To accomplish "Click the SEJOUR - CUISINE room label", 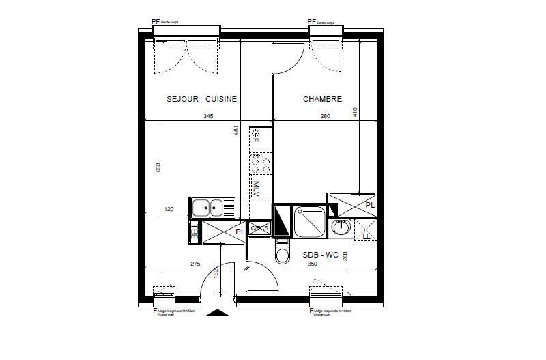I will (201, 99).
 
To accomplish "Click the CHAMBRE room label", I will (322, 99).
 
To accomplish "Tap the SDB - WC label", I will (321, 255).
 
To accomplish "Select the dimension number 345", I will (208, 117).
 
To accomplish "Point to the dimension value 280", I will (325, 117).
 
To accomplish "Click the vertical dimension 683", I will (158, 167).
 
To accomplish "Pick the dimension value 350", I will (313, 264).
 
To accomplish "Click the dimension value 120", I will (169, 210).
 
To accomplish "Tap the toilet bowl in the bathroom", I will (281, 253).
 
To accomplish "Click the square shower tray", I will (310, 221).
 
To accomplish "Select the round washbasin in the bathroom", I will (340, 227).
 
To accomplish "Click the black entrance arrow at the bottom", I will (218, 314).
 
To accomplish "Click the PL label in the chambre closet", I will (369, 205).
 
